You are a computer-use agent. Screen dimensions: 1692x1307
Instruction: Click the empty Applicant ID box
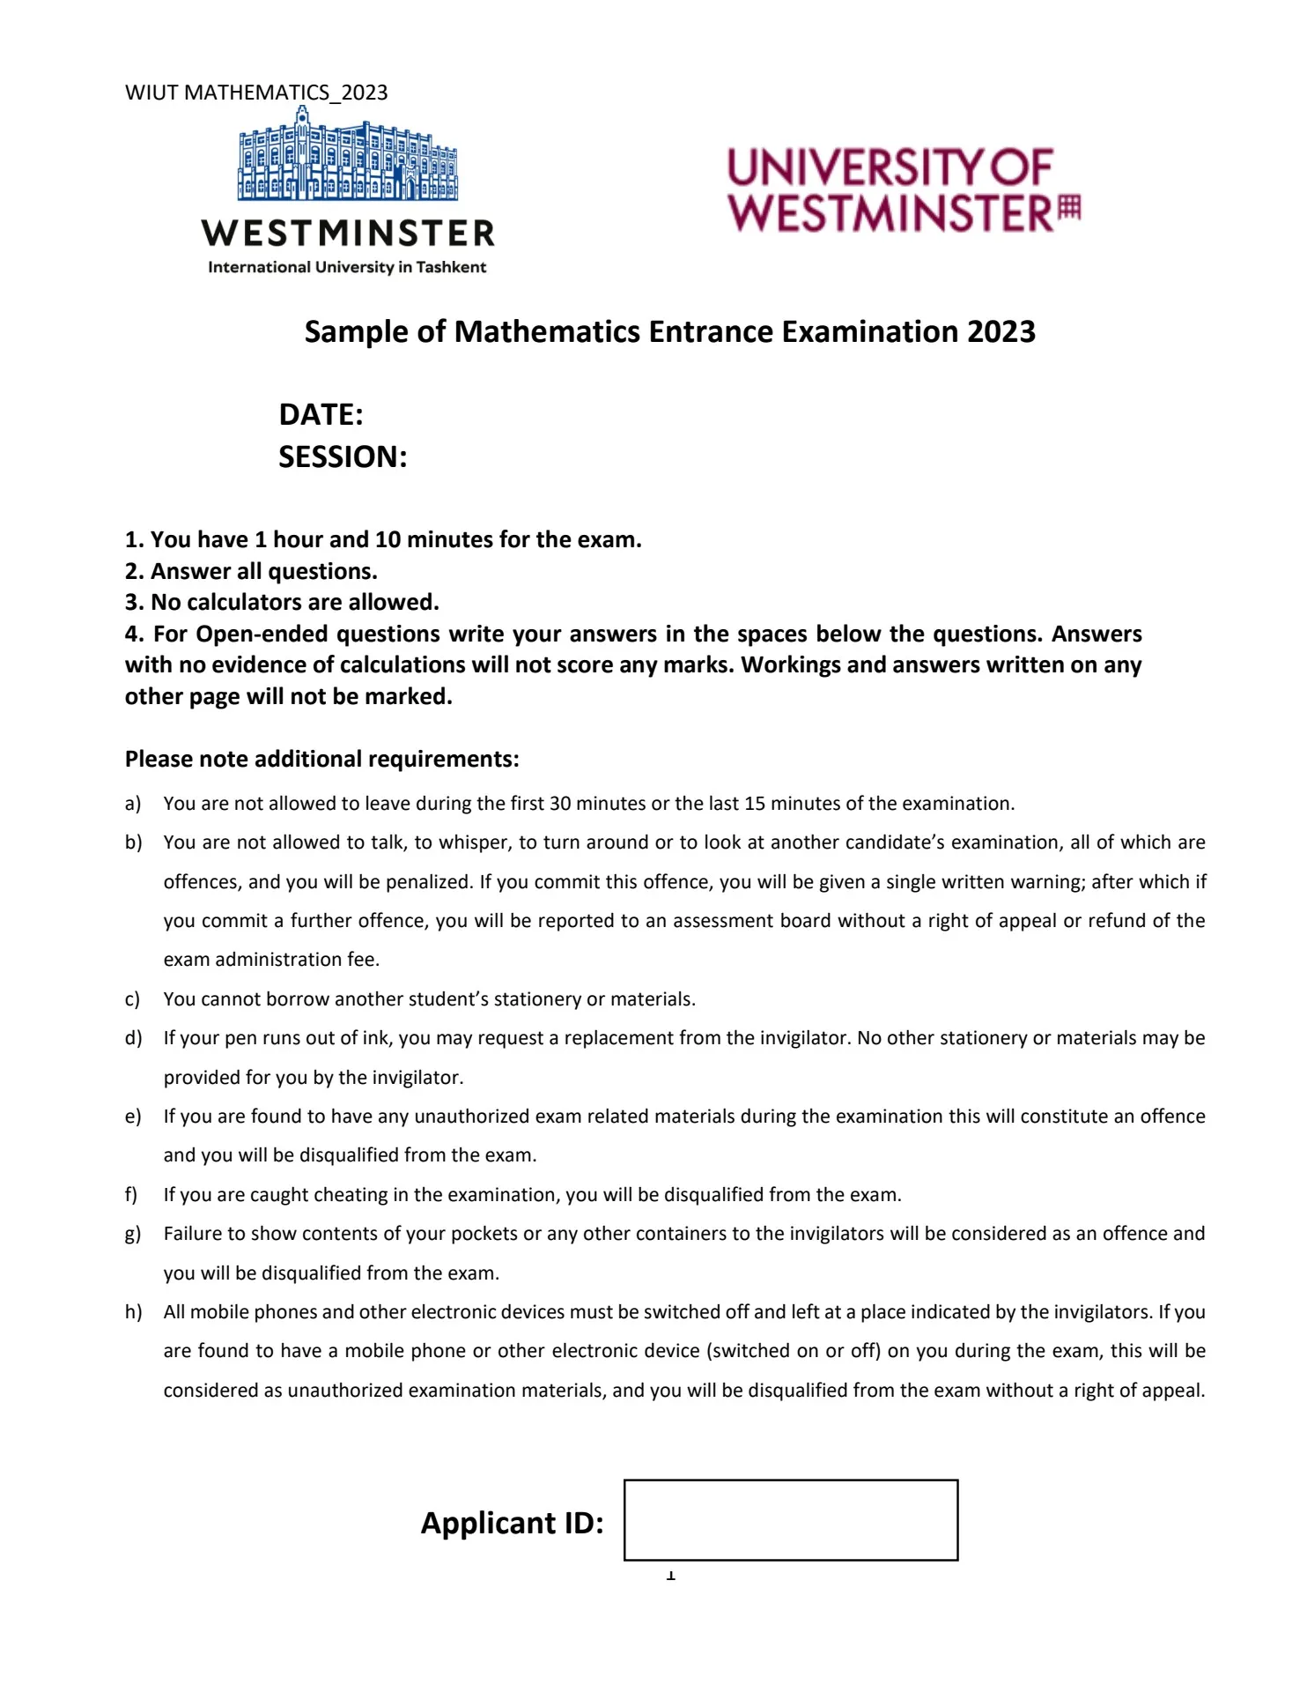pos(790,1520)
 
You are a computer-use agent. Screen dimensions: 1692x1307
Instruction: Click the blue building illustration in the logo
pos(347,157)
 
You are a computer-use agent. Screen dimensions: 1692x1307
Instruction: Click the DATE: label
pos(321,414)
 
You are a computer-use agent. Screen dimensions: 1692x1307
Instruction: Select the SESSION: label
pos(343,456)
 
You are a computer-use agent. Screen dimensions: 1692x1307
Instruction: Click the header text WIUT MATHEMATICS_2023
pos(256,93)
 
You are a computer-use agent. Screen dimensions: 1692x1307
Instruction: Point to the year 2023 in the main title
pos(1001,331)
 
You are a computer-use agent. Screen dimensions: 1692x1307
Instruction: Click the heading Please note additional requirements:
pos(321,759)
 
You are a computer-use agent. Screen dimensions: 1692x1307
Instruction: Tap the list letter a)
pos(133,804)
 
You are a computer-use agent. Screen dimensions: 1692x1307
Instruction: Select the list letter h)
pos(133,1312)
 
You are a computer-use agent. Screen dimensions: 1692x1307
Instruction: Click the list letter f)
pos(131,1195)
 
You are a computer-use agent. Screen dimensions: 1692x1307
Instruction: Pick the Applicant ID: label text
pos(512,1523)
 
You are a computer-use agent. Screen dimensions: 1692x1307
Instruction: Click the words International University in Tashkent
pos(347,267)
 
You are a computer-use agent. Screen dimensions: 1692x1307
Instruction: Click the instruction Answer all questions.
pos(263,571)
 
